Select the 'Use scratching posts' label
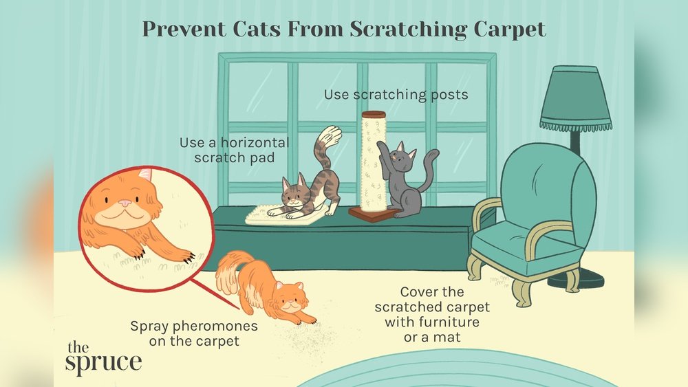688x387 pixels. coord(396,94)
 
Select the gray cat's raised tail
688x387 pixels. coord(430,168)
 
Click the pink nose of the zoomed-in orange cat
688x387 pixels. coord(124,204)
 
